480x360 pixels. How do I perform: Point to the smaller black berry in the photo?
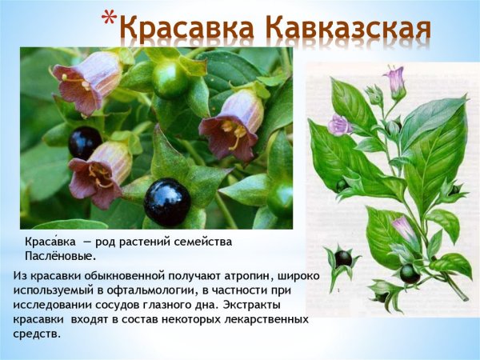(84, 142)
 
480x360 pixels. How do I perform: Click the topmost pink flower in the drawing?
(394, 78)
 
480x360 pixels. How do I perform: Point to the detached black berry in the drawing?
(342, 258)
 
